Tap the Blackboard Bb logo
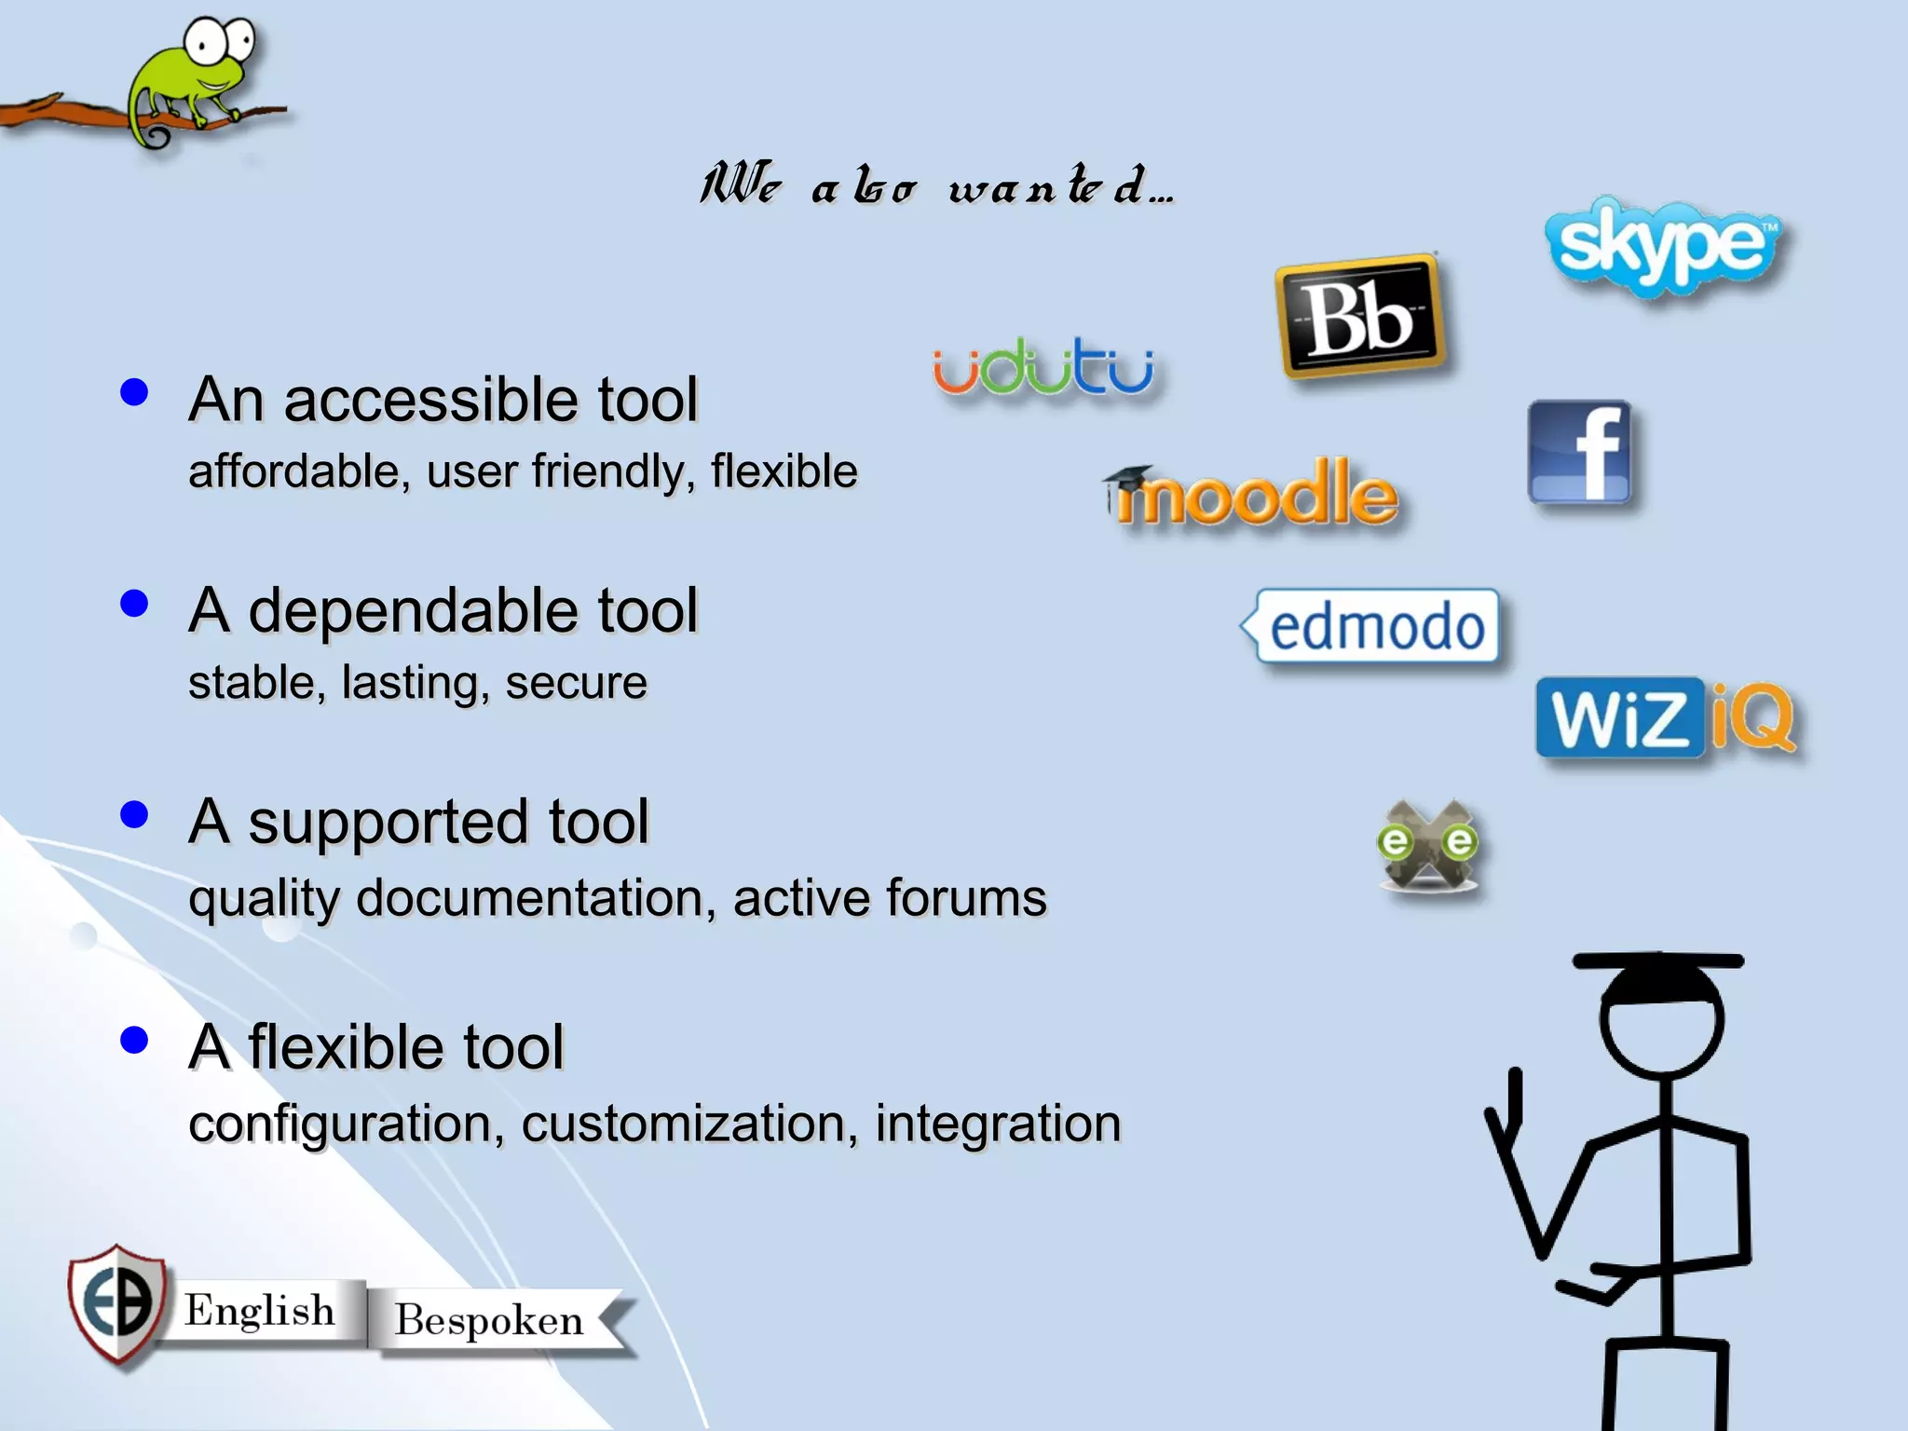pos(1361,318)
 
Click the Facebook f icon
pos(1581,453)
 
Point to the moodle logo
pos(1253,495)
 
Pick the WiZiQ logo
pos(1666,718)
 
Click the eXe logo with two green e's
pos(1427,845)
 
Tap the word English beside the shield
pos(259,1311)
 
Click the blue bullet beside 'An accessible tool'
pos(135,392)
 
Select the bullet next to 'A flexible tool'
pos(135,1040)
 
